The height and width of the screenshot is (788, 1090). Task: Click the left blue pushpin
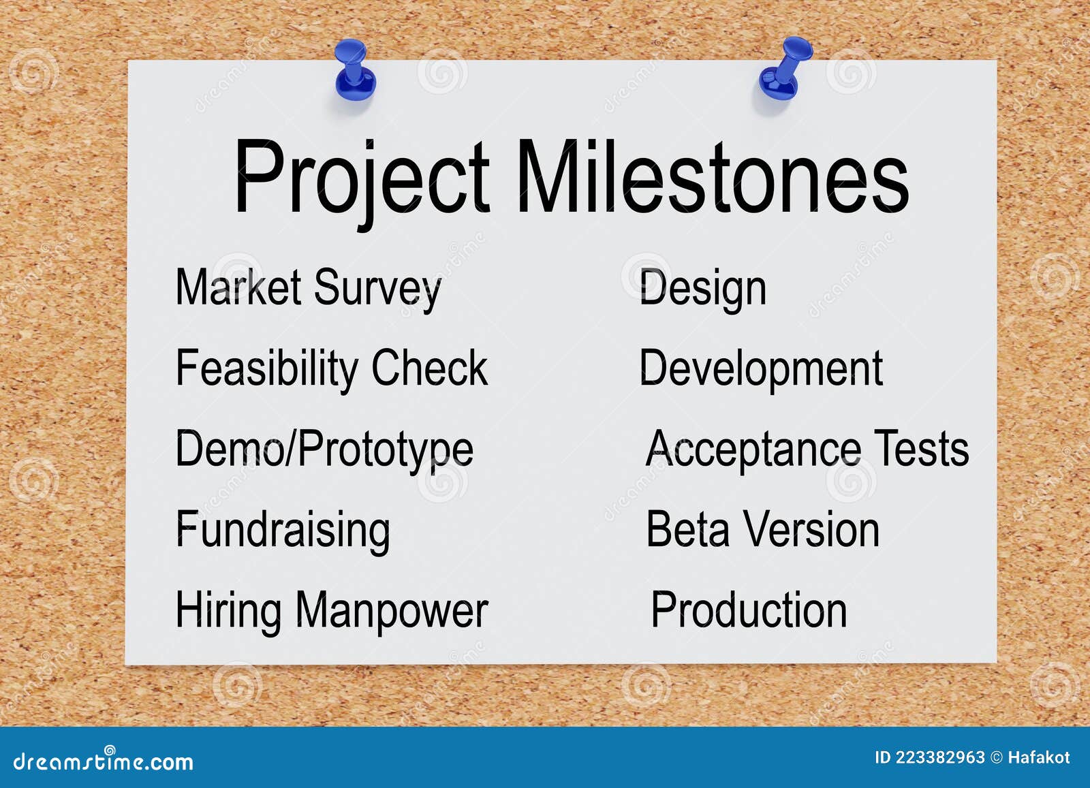[x=354, y=69]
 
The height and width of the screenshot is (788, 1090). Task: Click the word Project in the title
[x=361, y=177]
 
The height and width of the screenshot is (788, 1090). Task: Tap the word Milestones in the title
[x=712, y=177]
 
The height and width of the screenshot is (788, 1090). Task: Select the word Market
[x=238, y=287]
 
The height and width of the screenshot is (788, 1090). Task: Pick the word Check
[x=429, y=368]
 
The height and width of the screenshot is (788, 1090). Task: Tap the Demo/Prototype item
[x=324, y=450]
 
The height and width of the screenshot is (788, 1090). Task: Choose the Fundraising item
[x=283, y=531]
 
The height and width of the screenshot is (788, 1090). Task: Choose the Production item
[x=749, y=610]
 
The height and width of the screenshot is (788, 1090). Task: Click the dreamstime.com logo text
[x=104, y=761]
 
